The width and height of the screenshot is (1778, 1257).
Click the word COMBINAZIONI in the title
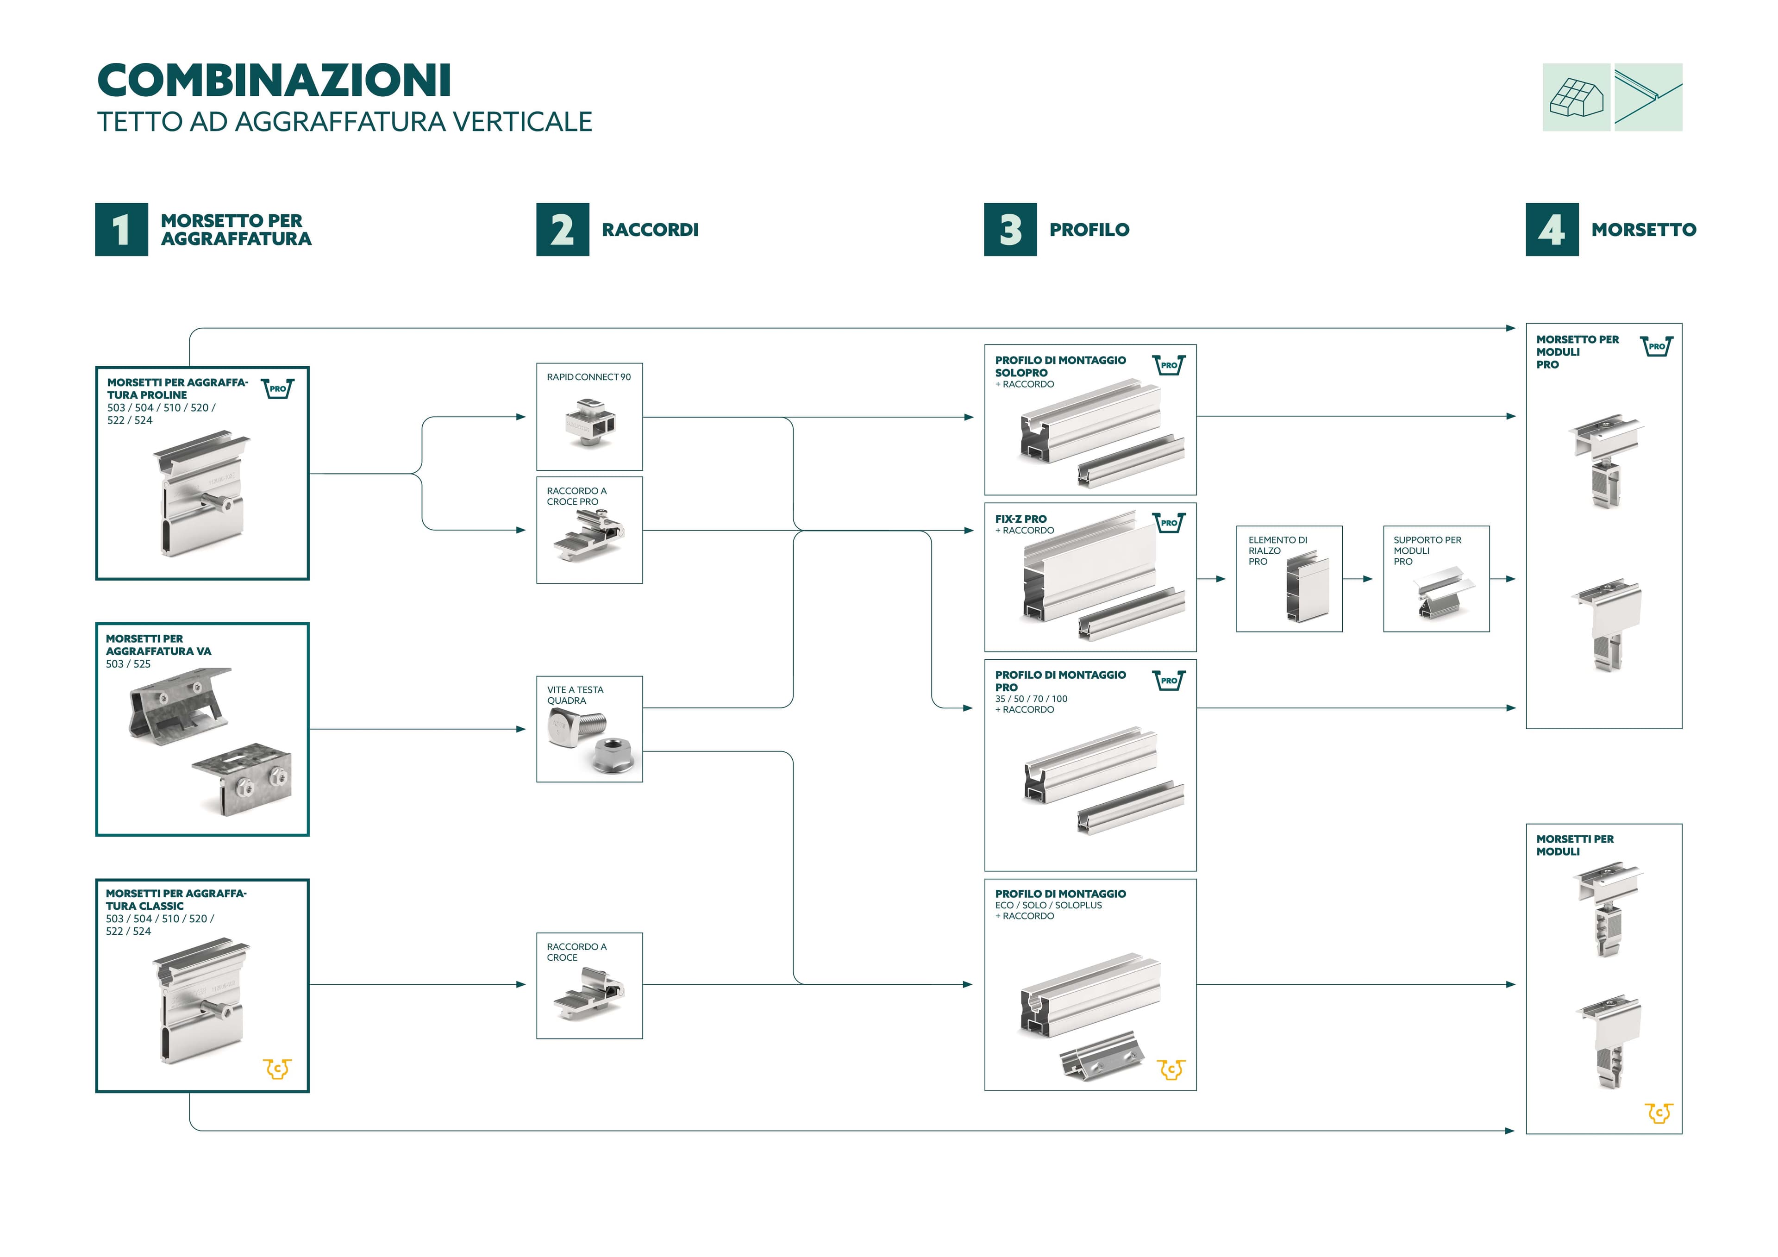click(274, 81)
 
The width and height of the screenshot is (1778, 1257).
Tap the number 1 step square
click(122, 229)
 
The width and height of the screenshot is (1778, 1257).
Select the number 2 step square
click(562, 229)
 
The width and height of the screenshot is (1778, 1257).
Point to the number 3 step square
click(1010, 229)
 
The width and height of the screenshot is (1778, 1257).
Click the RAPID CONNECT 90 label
click(588, 377)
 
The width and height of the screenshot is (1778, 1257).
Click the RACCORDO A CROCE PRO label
click(576, 496)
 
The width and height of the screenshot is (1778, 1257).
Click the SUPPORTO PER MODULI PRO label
click(1427, 550)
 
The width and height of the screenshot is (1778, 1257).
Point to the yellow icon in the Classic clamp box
click(277, 1069)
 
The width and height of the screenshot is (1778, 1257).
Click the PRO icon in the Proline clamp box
click(277, 388)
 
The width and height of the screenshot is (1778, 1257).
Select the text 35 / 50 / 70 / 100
click(1031, 699)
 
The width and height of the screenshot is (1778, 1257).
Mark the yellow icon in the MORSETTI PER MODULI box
click(1659, 1113)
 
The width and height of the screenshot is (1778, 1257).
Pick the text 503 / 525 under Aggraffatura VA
click(129, 664)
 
